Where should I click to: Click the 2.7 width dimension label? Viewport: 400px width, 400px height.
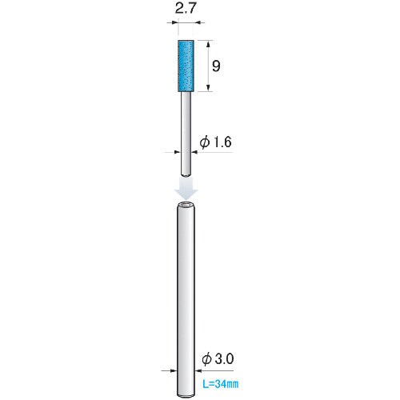(x=186, y=9)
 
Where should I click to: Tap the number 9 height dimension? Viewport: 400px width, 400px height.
(x=216, y=66)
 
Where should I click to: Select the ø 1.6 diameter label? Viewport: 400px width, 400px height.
(x=215, y=142)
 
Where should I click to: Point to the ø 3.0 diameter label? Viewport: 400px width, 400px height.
(x=218, y=359)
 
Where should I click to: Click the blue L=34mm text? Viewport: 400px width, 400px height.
(x=221, y=384)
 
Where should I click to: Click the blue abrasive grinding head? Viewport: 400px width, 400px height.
(x=186, y=66)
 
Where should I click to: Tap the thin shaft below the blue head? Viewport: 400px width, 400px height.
(x=186, y=134)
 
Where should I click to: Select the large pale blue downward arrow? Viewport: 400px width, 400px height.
(x=186, y=189)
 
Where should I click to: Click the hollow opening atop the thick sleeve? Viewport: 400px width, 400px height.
(x=186, y=205)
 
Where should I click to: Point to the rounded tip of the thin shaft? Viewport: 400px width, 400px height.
(x=186, y=174)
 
